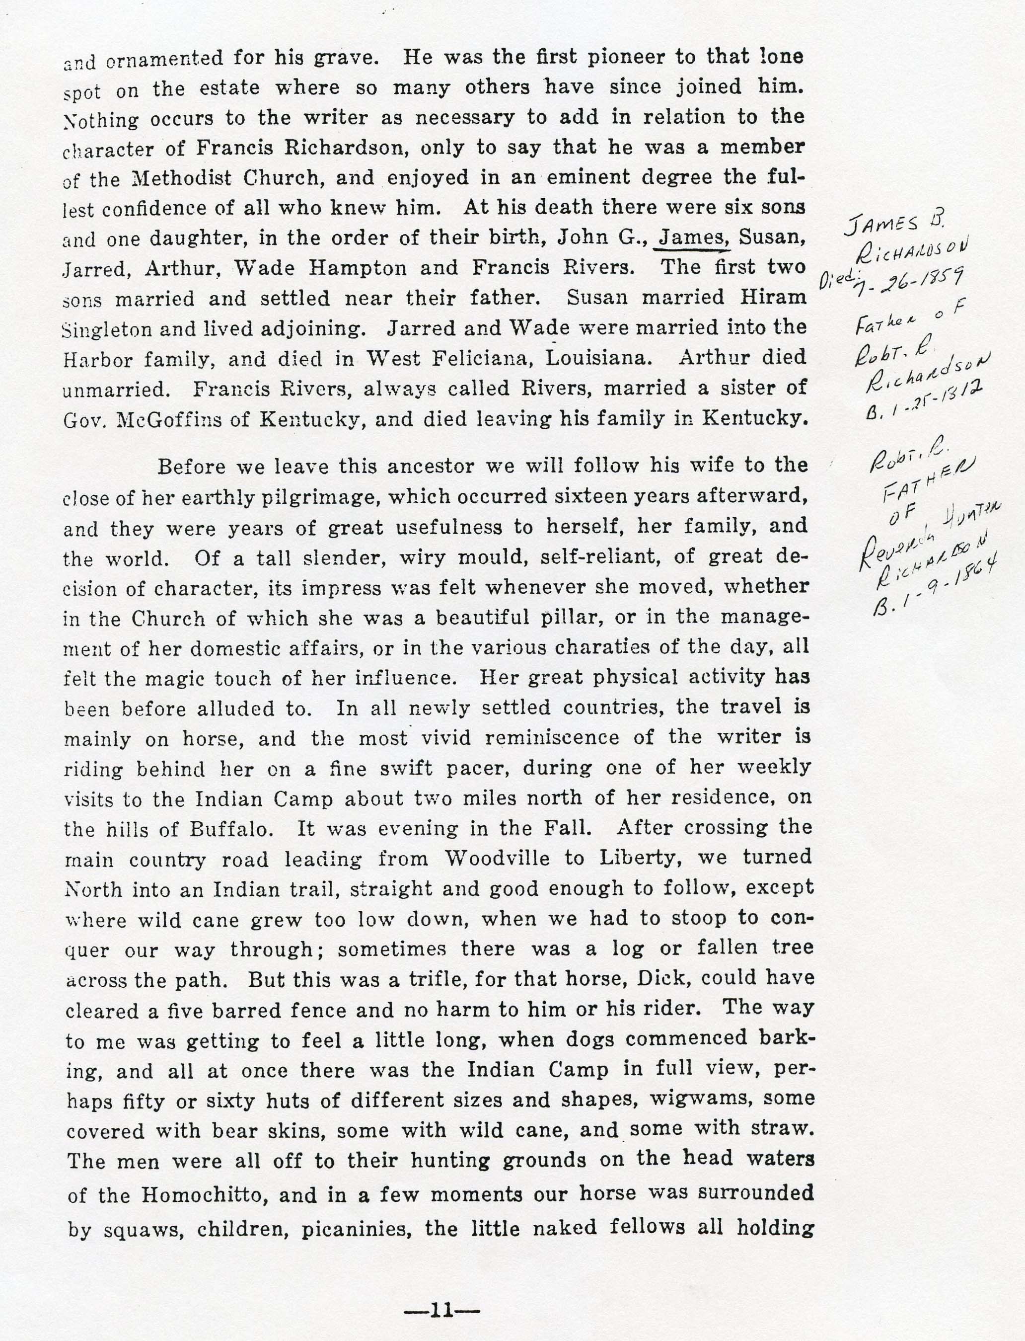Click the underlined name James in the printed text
click(x=691, y=237)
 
